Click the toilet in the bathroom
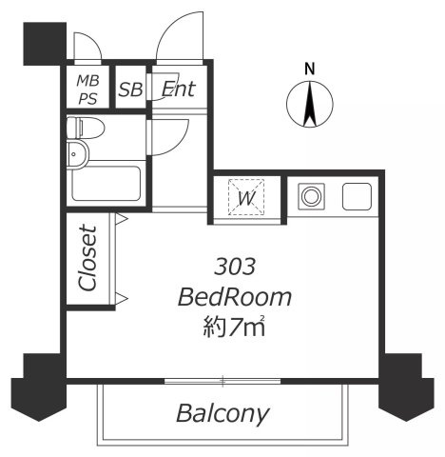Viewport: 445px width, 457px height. pos(86,129)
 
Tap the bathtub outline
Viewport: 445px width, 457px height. pos(106,184)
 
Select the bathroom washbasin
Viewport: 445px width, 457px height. pos(78,154)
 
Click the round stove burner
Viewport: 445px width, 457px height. pos(311,196)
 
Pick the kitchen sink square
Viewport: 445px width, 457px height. pos(357,196)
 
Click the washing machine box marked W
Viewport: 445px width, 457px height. pos(246,197)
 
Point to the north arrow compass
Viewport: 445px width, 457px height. pos(310,105)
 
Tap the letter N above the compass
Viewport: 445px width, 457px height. pos(309,69)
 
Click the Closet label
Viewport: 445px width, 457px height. pos(87,258)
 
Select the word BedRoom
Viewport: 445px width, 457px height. pos(235,297)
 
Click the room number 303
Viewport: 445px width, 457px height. pos(235,267)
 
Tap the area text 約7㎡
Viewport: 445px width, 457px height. pos(234,326)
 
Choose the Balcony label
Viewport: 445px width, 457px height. pos(222,414)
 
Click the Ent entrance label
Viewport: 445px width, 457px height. pos(179,89)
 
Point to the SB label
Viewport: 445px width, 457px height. pos(130,89)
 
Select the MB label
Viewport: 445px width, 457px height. pos(88,81)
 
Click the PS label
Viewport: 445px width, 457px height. pos(87,99)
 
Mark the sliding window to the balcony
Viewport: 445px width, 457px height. pos(222,381)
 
